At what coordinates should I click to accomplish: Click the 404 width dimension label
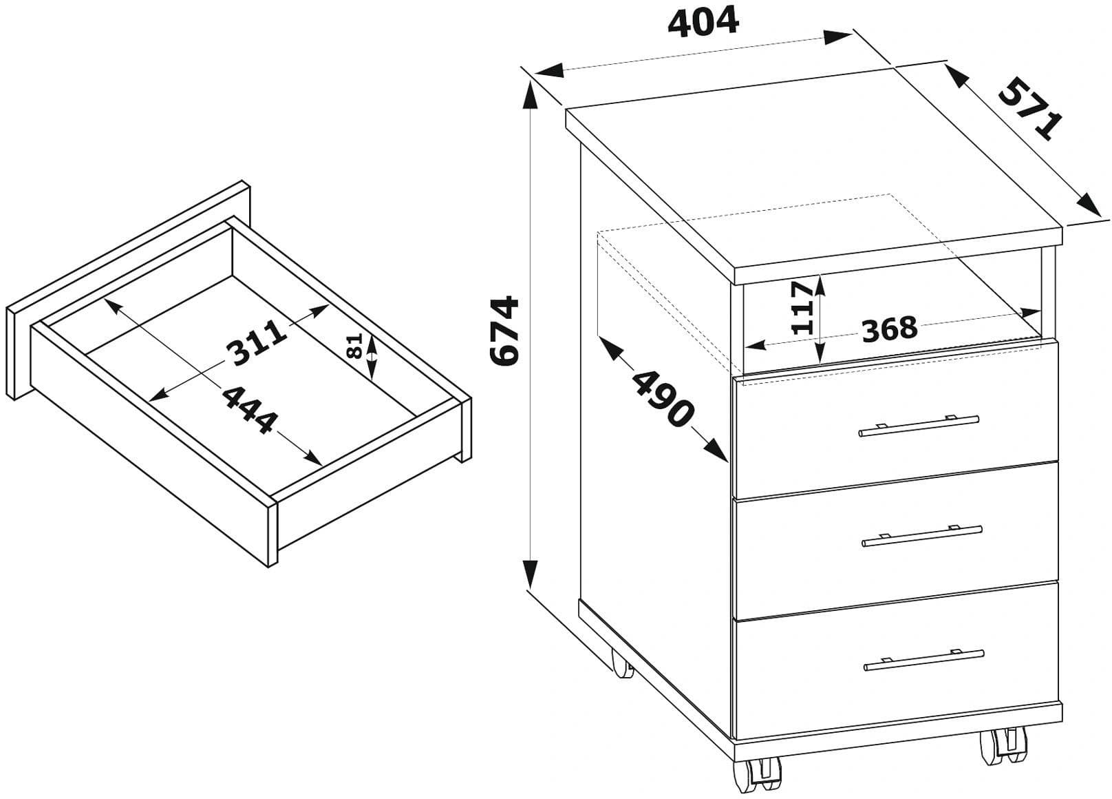coord(703,23)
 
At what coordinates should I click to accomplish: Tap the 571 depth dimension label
coord(1030,108)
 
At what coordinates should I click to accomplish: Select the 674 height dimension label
coord(504,331)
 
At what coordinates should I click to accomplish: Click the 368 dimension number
coord(889,329)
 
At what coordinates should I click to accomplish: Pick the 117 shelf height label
coord(802,307)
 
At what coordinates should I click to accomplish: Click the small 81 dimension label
coord(354,346)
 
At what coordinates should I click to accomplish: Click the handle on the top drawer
coord(919,426)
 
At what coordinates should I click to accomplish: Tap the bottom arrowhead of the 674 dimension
coord(531,573)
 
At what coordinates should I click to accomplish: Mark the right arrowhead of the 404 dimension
coord(837,37)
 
